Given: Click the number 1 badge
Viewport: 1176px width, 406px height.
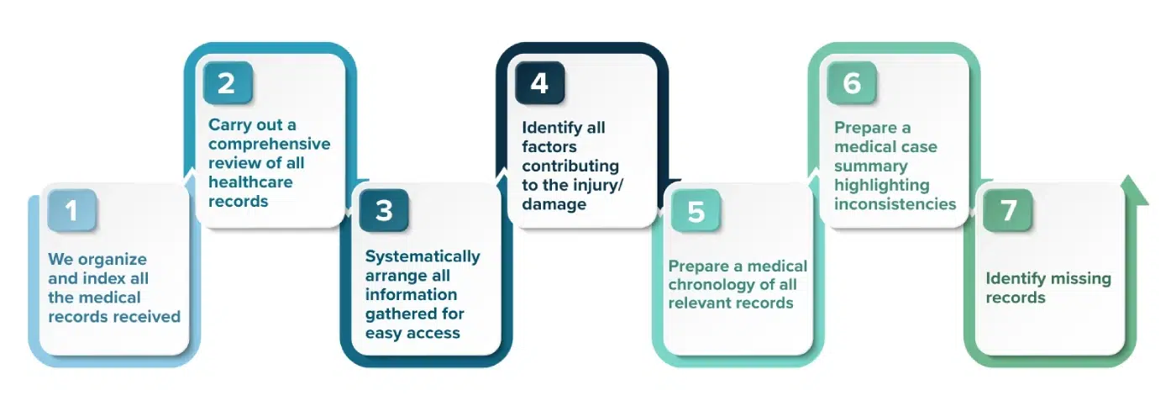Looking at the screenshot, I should tap(71, 210).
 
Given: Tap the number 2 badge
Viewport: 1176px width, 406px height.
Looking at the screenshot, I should tap(228, 83).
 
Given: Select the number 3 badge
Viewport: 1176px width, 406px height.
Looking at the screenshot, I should tap(384, 210).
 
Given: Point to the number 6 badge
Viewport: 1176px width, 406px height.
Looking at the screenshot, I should tap(852, 83).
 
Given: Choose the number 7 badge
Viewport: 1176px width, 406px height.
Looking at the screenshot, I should tap(1008, 210).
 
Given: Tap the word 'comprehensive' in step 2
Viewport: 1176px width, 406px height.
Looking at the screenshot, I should tap(270, 144).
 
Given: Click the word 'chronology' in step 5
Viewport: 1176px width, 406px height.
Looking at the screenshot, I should tap(711, 284).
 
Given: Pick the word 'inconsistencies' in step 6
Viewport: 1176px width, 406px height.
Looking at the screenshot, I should tap(895, 203).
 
